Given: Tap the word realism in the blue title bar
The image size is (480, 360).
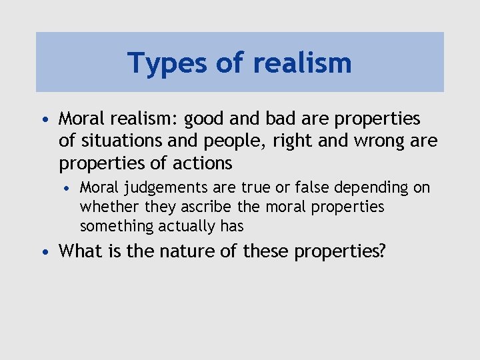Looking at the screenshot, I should (x=301, y=63).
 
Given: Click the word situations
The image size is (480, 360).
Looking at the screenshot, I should (x=119, y=141).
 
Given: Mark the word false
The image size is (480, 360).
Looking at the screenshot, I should (x=307, y=188).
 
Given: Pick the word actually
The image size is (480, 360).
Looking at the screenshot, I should (x=187, y=227).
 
